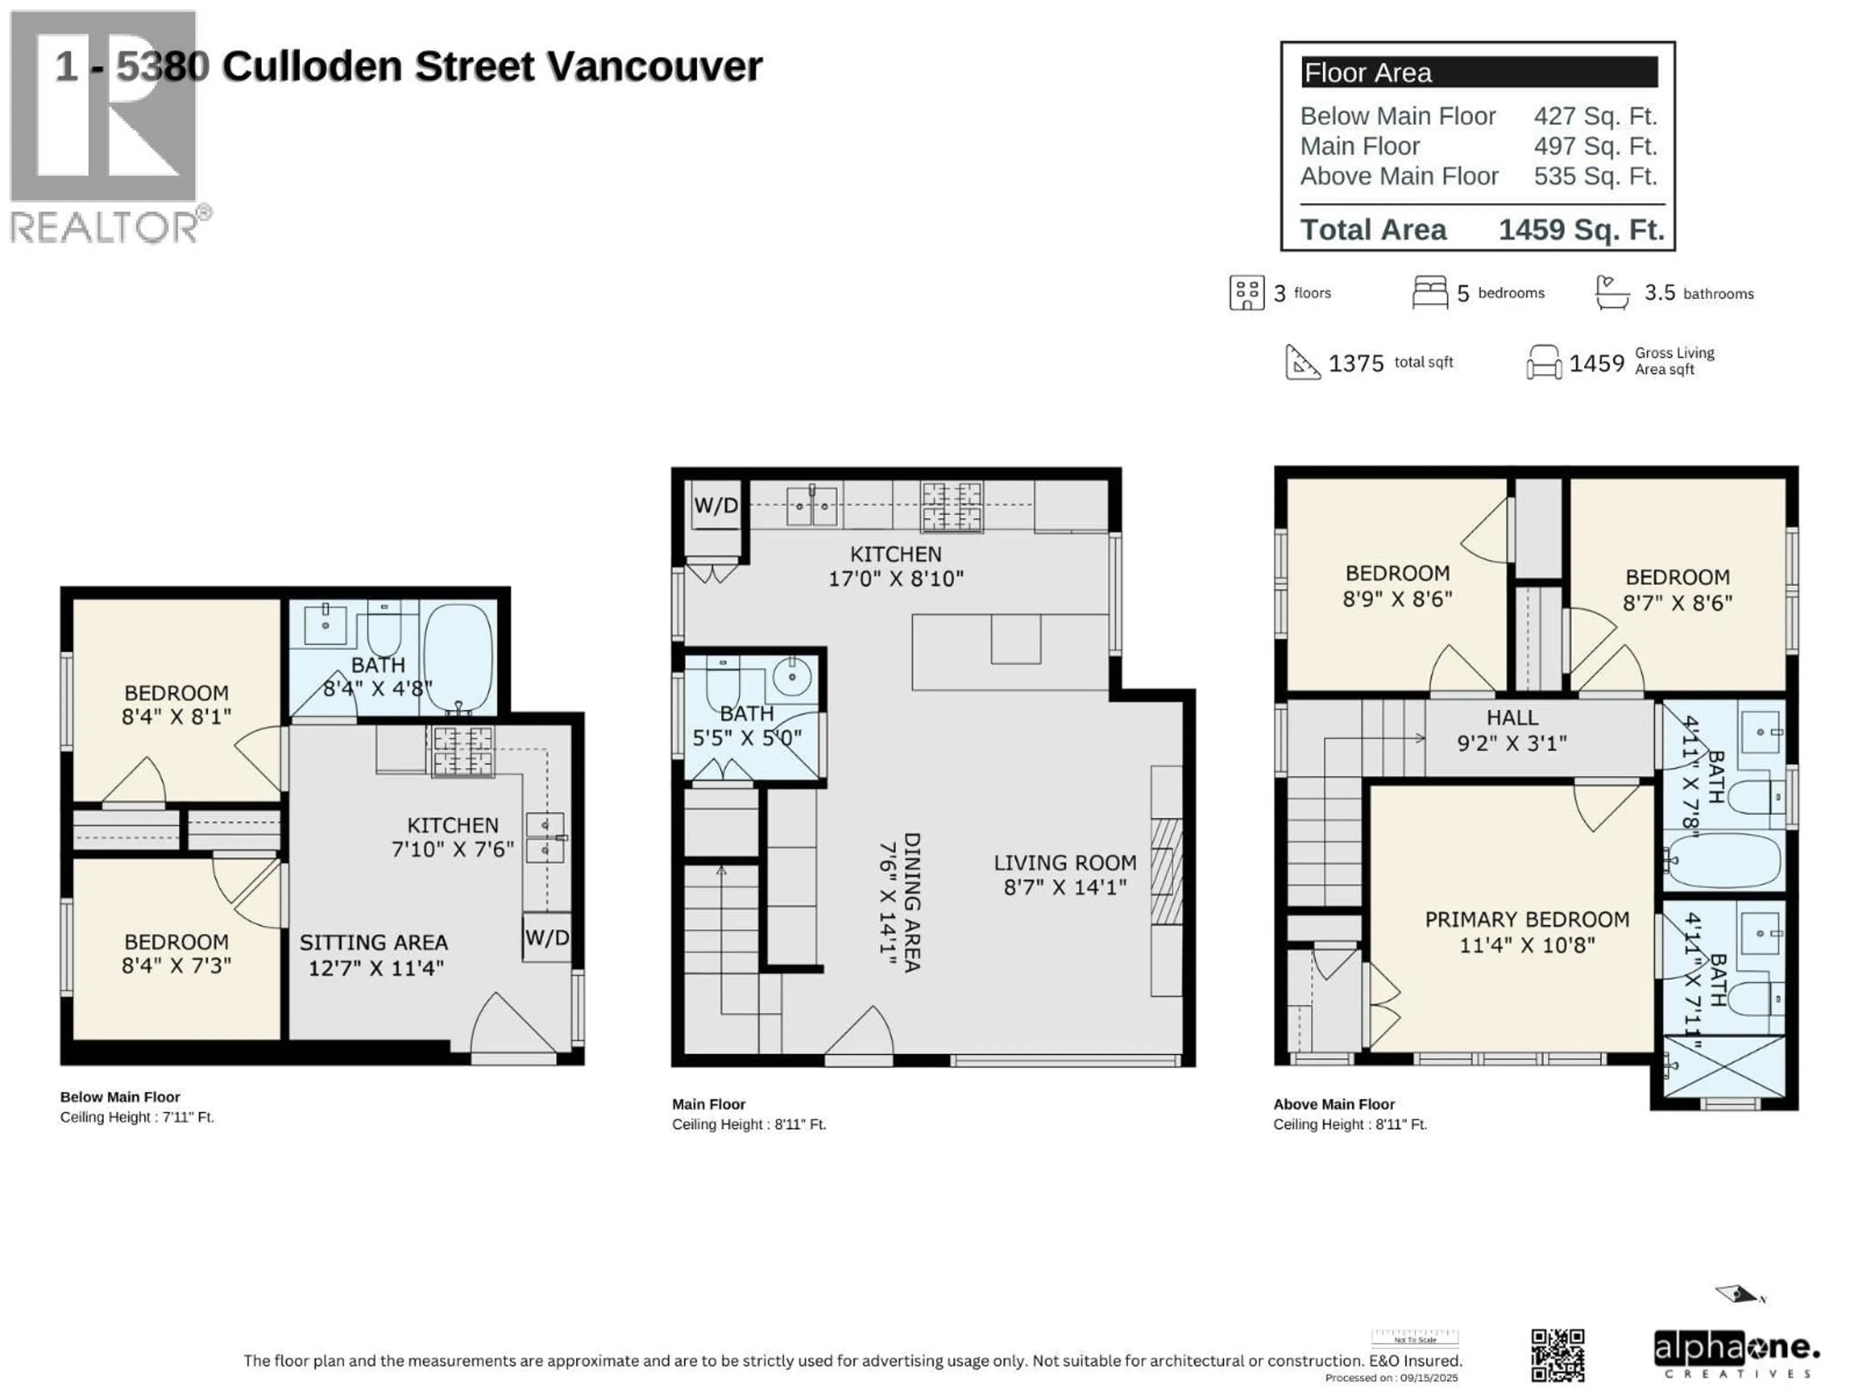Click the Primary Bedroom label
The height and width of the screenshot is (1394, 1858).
(1526, 919)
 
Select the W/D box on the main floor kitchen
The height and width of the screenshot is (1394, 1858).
(716, 506)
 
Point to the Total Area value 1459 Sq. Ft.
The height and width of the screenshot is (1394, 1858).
(1581, 229)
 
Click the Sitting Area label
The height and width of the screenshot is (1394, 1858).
(374, 943)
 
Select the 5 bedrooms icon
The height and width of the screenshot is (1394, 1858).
(1430, 292)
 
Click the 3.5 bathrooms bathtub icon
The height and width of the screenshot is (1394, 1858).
(1612, 292)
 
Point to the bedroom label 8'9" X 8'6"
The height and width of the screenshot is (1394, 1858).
(1397, 586)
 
